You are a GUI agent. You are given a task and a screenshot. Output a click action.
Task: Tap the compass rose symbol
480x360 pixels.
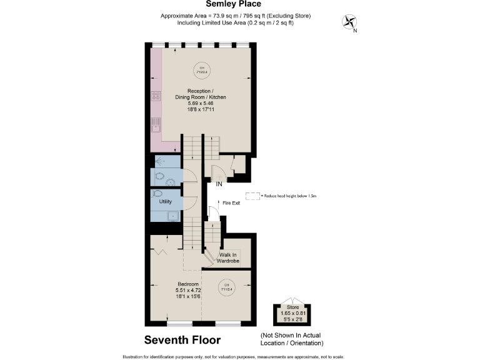[348, 23]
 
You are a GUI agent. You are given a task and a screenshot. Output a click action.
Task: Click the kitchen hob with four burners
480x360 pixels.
[154, 96]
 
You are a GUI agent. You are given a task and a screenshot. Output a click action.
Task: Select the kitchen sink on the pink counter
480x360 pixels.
[154, 124]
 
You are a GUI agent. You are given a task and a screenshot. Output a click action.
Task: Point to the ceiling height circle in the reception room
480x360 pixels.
[201, 69]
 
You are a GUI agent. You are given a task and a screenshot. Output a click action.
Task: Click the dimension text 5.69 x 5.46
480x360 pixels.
[201, 104]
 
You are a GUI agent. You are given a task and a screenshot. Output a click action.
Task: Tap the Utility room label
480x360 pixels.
[165, 202]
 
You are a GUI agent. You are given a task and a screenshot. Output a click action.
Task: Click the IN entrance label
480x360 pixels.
[219, 185]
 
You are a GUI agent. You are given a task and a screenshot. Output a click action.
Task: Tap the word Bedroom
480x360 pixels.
[187, 284]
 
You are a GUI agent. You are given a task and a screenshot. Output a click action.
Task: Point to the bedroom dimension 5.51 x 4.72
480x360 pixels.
[187, 290]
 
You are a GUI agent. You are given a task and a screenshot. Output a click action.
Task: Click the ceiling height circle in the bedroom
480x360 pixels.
[224, 288]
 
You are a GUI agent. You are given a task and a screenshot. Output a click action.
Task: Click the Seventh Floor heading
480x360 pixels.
[182, 341]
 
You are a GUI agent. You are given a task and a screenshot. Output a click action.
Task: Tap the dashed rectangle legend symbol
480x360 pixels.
[253, 196]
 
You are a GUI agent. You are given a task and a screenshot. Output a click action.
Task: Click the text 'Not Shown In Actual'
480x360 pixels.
[291, 336]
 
